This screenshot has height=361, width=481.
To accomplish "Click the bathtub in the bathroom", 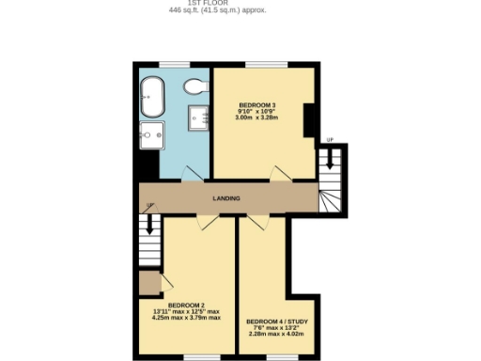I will pyautogui.click(x=153, y=91).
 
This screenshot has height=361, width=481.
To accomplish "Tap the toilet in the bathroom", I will pyautogui.click(x=194, y=89).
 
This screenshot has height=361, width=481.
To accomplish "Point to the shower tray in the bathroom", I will pyautogui.click(x=198, y=118).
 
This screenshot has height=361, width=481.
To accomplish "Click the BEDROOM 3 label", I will pyautogui.click(x=256, y=104).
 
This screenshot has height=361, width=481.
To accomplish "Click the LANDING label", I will pyautogui.click(x=225, y=198).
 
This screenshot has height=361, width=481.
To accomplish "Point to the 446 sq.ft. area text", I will pyautogui.click(x=216, y=10).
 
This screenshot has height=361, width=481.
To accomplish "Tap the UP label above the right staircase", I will pyautogui.click(x=328, y=141).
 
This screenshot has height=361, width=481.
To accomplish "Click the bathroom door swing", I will pyautogui.click(x=192, y=173).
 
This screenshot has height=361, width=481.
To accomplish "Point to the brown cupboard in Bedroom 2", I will pyautogui.click(x=148, y=283).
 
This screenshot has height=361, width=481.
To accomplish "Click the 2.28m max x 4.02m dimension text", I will pyautogui.click(x=277, y=334).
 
